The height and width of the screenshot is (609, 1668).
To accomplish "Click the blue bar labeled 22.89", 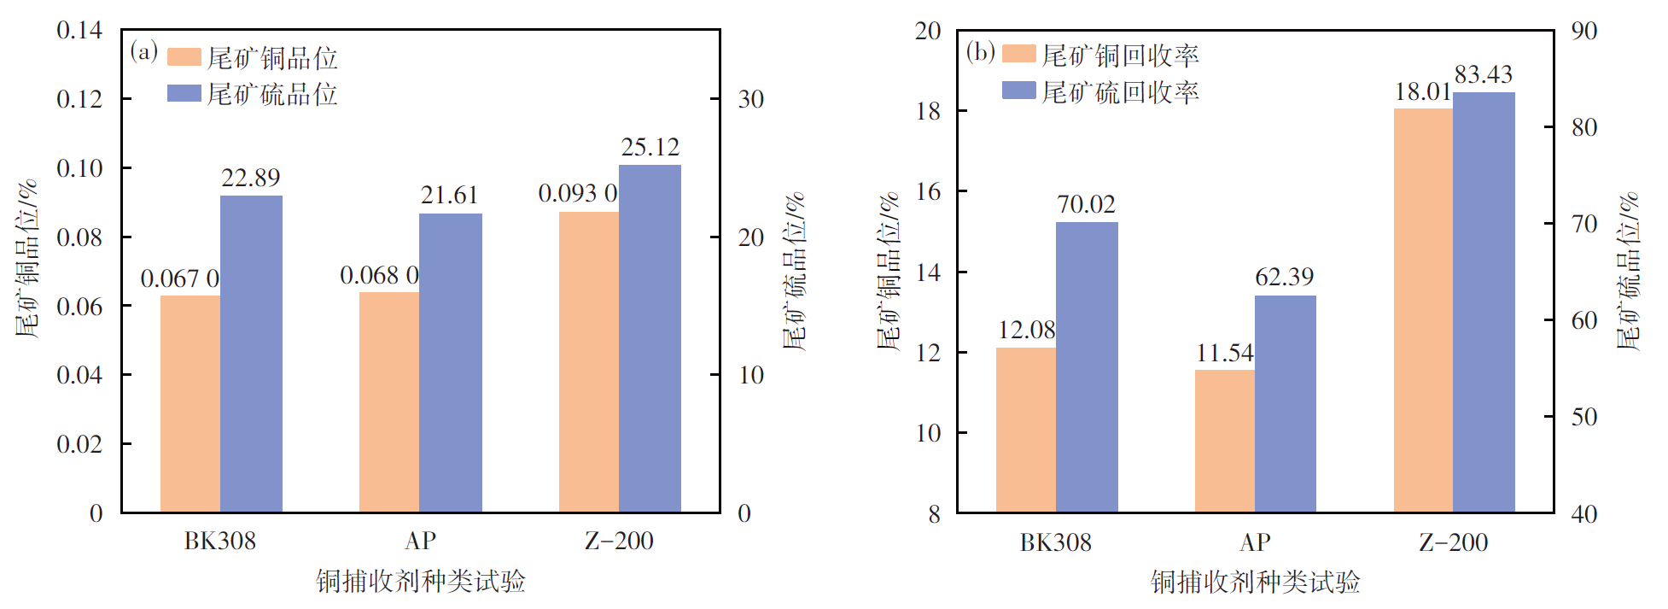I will point(251,354).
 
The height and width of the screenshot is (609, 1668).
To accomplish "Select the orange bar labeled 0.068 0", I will point(389,401).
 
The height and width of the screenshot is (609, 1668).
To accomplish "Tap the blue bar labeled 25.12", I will point(650,338).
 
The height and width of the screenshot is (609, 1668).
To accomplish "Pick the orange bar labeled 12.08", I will point(1026,430).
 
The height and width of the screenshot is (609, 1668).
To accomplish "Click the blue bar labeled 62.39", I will point(1285,403).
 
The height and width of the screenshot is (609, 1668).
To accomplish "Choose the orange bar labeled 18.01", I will point(1423,310).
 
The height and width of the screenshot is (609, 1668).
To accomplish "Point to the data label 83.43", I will point(1484,75).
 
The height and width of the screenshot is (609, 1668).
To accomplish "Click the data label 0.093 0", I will point(578,194).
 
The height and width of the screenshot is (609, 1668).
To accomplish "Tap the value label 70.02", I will point(1086,205).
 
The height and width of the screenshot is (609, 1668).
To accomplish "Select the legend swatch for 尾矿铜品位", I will point(184,57).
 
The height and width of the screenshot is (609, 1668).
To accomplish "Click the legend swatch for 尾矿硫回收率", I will point(1018,91).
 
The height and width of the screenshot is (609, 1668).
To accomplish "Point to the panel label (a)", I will point(143,51).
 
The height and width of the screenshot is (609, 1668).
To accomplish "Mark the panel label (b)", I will point(980,51).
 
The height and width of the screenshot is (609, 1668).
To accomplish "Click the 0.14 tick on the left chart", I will point(79,31).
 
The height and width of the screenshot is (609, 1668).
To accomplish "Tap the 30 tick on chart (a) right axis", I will point(750,100).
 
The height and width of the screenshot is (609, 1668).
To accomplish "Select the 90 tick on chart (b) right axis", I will point(1584,31).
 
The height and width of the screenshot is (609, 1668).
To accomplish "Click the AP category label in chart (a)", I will point(420,541).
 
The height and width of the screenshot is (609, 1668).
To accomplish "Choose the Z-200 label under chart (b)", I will point(1454,542).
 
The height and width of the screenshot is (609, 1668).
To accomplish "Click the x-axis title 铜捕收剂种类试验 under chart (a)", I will point(420,582).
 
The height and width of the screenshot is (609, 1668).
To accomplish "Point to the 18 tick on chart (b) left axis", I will point(928,111).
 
